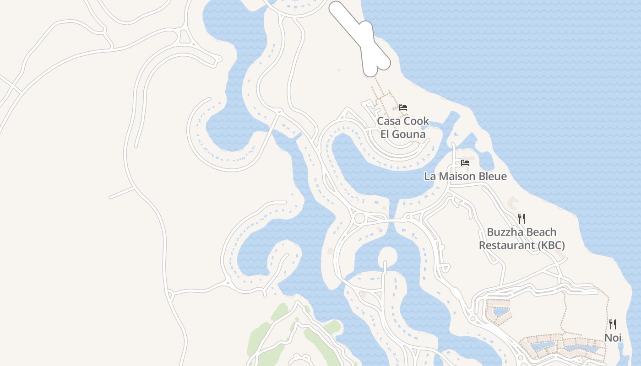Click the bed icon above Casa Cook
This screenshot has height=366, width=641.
(403, 108)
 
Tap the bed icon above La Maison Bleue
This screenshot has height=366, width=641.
(465, 163)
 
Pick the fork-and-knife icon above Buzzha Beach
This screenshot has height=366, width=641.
(521, 218)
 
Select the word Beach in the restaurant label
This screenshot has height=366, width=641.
(541, 232)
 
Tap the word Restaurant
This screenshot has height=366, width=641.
(506, 246)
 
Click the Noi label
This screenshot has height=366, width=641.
(613, 338)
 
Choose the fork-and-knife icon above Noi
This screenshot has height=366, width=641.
(613, 324)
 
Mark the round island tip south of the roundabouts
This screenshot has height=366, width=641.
(387, 255)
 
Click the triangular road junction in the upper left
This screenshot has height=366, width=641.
(185, 37)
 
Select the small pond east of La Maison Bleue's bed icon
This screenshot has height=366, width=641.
(486, 160)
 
